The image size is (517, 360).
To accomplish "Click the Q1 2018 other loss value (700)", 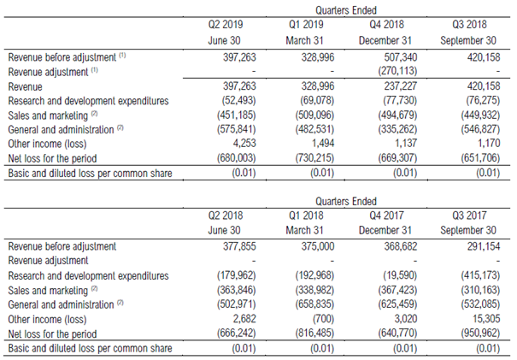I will point(330,320).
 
